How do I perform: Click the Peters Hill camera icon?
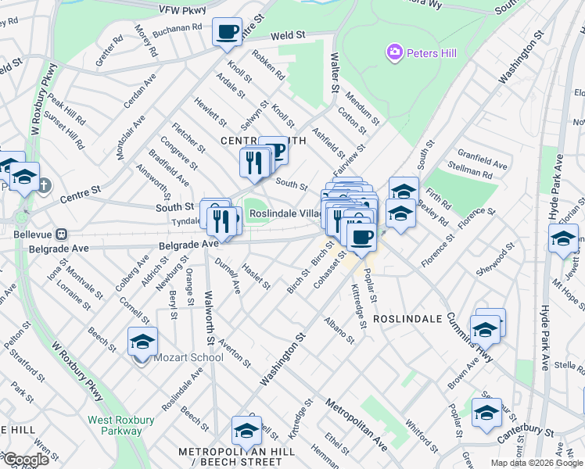click(x=394, y=52)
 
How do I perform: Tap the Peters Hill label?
click(x=425, y=52)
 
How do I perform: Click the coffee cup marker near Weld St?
click(x=228, y=33)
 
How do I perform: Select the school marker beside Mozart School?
click(x=142, y=342)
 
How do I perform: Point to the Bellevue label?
click(x=36, y=234)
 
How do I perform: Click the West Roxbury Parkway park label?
click(x=115, y=425)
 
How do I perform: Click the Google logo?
click(x=26, y=460)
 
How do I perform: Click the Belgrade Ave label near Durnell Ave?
click(x=188, y=245)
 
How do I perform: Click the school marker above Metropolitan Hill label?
click(x=246, y=431)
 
